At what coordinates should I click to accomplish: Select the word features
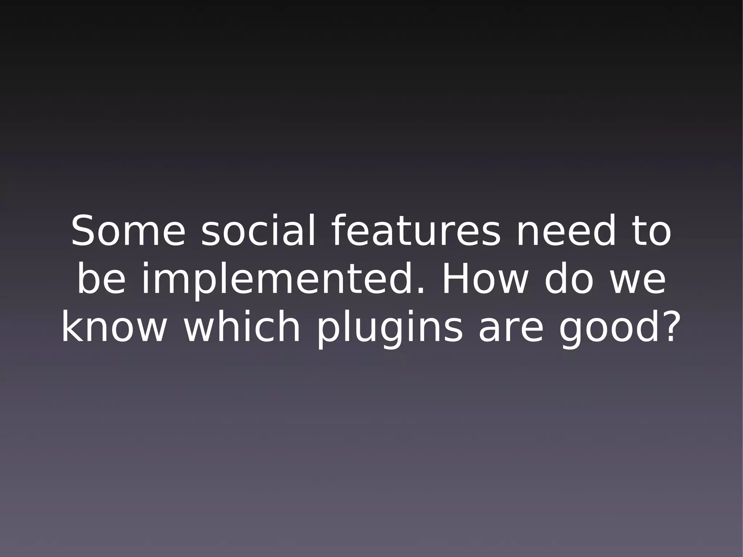[x=416, y=231]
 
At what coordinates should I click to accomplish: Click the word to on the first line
[x=653, y=231]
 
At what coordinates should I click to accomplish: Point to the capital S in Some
[x=86, y=231]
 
